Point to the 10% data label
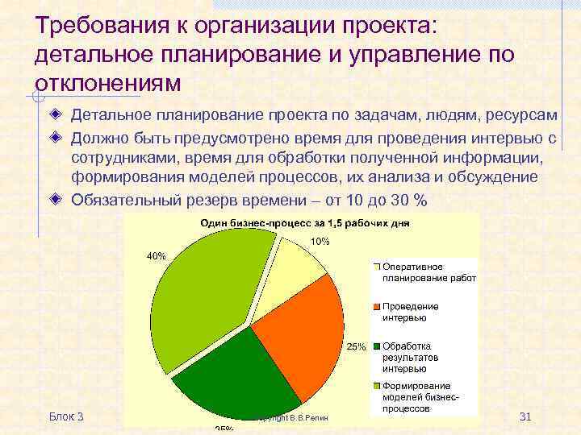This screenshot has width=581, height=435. (x=320, y=242)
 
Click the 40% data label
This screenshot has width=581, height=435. (x=156, y=256)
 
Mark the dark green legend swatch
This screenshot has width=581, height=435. (x=376, y=346)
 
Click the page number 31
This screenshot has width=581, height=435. (x=525, y=416)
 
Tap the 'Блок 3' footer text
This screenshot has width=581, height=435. (x=66, y=416)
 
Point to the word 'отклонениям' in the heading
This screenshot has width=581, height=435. (x=109, y=83)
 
